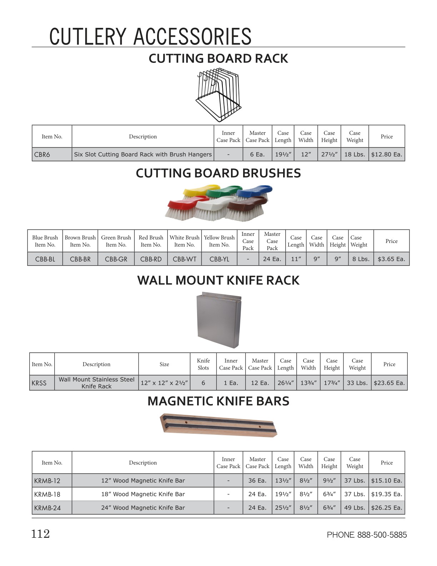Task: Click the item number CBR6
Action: pos(42,155)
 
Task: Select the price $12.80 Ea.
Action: pos(386,155)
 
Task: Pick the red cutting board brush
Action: pos(180,209)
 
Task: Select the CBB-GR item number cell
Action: pos(116,259)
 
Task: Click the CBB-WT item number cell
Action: pos(184,259)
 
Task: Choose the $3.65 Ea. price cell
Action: pos(391,259)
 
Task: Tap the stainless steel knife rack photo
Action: pos(219,320)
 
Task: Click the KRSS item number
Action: pos(39,383)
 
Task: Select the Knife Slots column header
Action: pos(203,364)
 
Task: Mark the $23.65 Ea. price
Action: pos(389,383)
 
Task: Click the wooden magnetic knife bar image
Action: pos(218,425)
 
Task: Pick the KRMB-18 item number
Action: pos(47,495)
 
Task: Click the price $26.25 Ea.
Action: pos(386,508)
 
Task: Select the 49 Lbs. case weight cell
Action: pos(355,508)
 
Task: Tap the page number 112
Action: pos(40,534)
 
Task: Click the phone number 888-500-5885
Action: pos(382,535)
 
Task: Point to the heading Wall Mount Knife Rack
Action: pos(218,280)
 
